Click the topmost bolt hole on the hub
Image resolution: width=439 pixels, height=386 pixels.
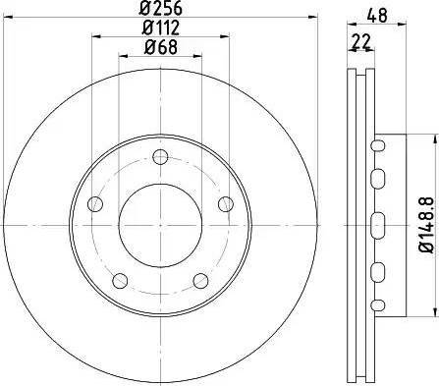(160, 156)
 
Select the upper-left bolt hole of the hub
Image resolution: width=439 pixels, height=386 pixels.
(95, 204)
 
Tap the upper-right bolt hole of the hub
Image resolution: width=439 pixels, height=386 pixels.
(226, 203)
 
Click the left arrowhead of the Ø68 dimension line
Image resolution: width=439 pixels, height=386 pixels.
(123, 55)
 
